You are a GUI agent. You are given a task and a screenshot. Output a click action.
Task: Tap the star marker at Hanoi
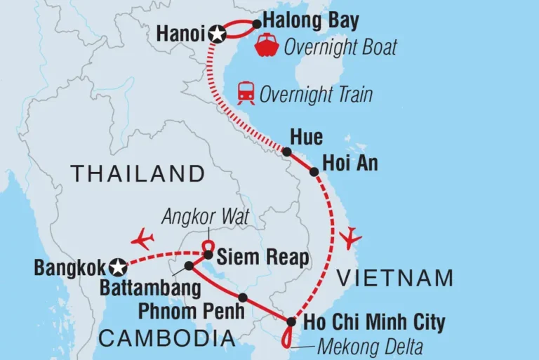point(218,33)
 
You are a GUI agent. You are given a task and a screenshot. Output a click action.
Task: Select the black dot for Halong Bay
point(256,23)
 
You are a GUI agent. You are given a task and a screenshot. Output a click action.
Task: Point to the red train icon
point(246,93)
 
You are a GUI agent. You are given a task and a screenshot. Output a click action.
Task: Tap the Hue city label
point(310,138)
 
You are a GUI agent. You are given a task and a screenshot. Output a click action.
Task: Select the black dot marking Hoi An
point(314,171)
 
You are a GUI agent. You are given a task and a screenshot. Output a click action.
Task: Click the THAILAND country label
point(137,173)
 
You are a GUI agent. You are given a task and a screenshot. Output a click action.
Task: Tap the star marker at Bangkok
point(119,267)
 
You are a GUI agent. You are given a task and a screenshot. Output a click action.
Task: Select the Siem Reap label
point(263,258)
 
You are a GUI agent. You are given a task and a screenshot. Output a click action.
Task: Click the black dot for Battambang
point(189,266)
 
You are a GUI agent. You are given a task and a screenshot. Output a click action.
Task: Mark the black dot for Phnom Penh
point(242,298)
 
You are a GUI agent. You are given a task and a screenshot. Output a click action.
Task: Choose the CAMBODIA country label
point(167,339)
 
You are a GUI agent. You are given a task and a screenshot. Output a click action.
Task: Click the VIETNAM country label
point(395,278)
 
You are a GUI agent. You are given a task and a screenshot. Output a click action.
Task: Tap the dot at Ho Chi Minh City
point(291,322)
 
